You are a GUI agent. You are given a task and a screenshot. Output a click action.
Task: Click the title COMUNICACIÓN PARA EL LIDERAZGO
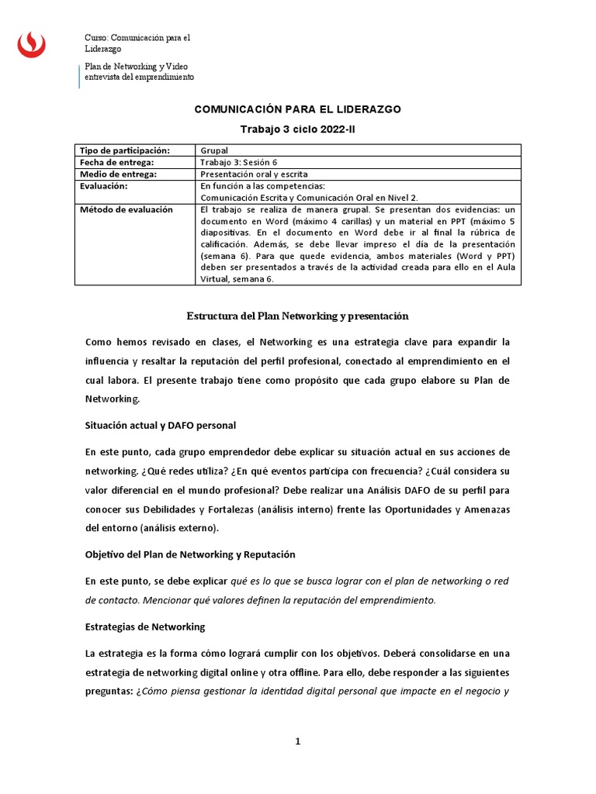(297, 109)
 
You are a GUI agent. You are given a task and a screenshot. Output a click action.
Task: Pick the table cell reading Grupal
(213, 150)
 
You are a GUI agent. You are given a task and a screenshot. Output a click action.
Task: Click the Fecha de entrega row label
(117, 162)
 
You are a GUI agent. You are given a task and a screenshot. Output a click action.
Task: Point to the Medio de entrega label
(119, 174)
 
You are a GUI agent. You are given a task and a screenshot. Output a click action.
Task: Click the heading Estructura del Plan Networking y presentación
(297, 316)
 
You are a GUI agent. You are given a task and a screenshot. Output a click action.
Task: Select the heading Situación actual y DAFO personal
(161, 426)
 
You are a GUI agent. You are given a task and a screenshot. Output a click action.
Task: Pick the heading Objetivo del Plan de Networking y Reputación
(189, 554)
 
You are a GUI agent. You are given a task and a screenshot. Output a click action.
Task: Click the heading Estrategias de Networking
(144, 627)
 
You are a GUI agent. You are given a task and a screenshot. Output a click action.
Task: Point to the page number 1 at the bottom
(297, 742)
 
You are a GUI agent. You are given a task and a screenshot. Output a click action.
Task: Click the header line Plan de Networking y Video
(136, 67)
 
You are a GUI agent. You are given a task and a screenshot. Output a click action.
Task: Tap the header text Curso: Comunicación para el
(137, 37)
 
